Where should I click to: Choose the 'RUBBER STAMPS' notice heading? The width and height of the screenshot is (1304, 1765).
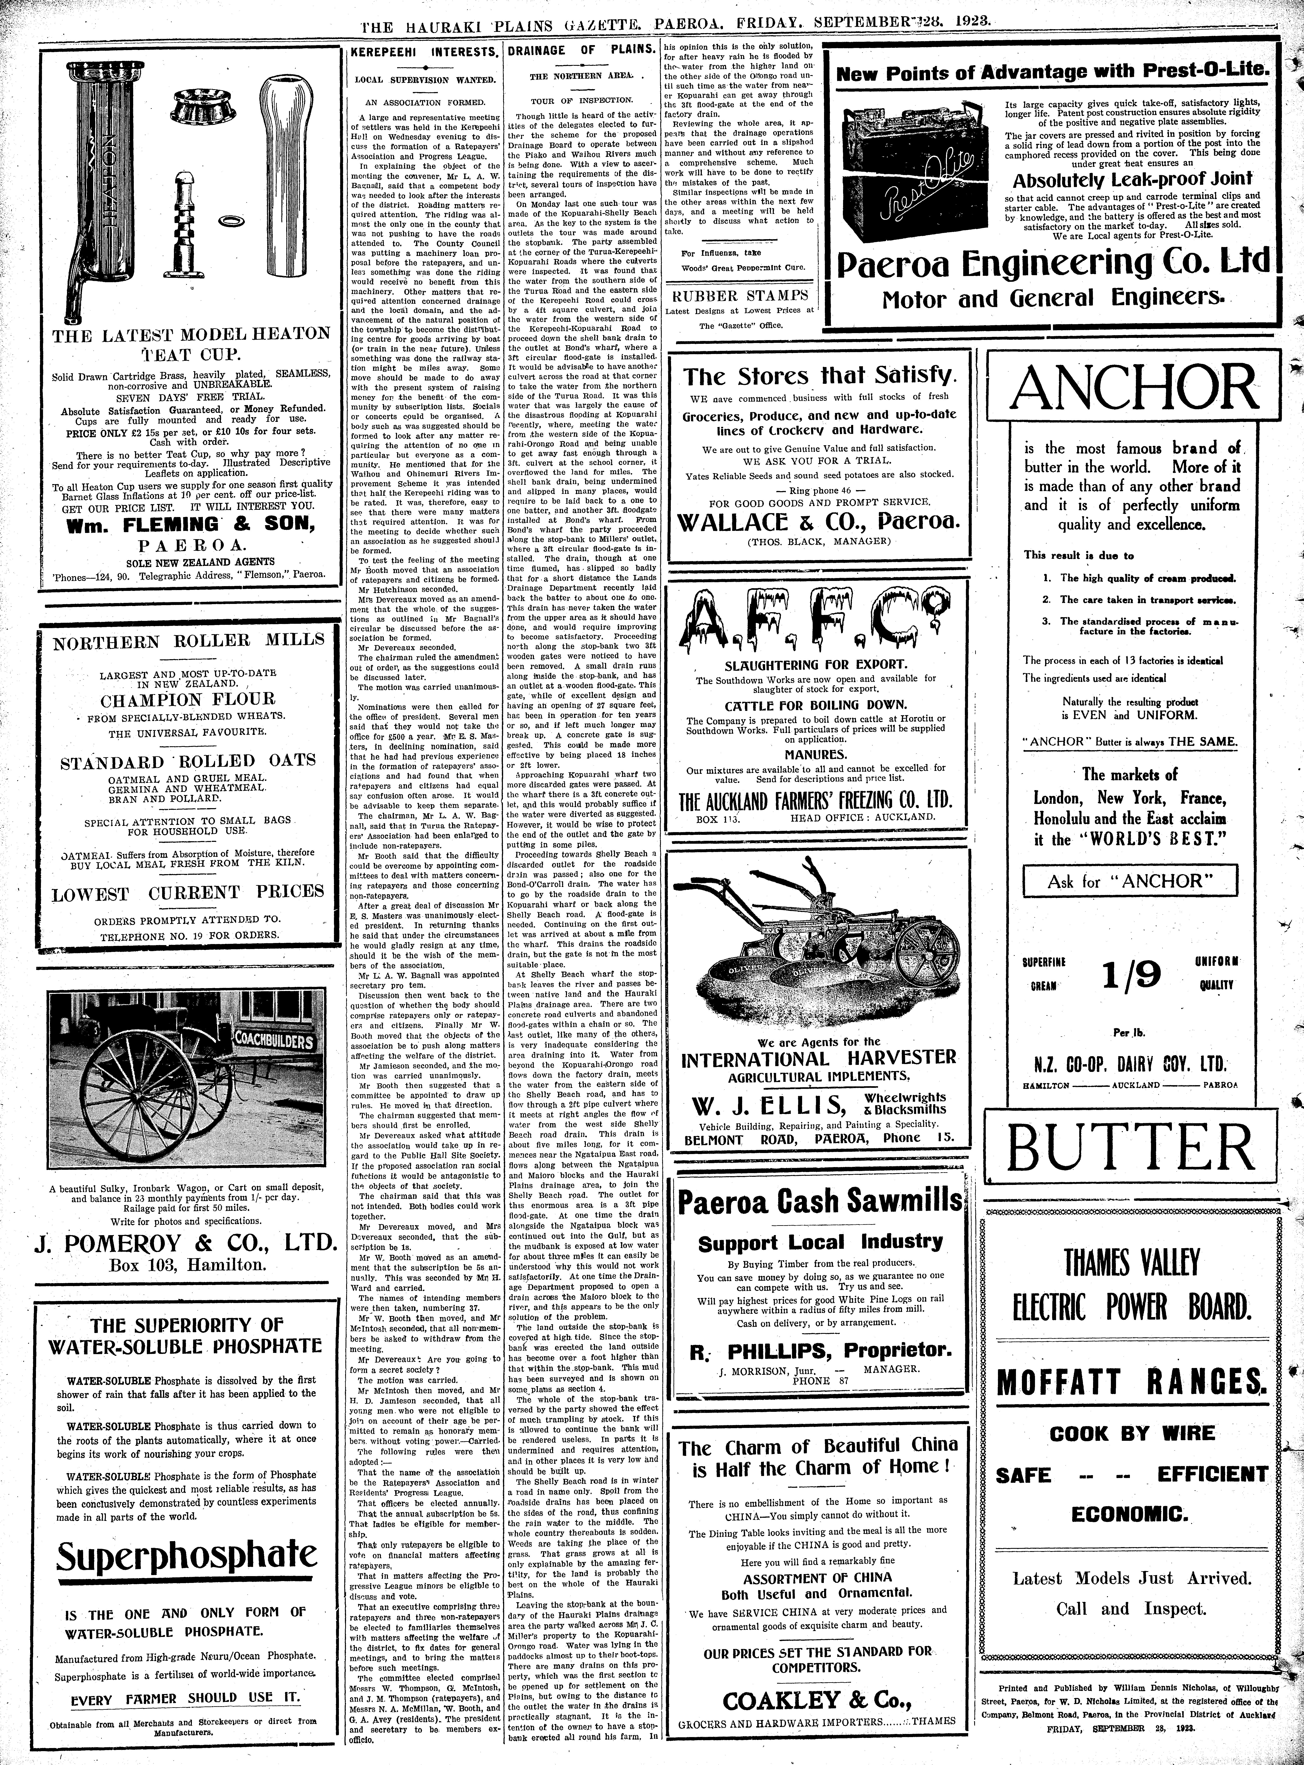click(740, 296)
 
